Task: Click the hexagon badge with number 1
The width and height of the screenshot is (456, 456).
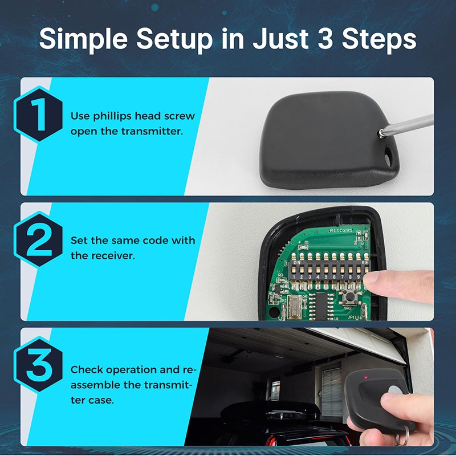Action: pos(38,115)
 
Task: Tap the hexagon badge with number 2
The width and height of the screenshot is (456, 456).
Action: pos(38,239)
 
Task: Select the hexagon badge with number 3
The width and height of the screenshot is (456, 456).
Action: pos(38,365)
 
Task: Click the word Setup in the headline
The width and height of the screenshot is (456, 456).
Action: pos(174,39)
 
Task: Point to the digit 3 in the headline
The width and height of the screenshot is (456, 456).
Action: pos(325,38)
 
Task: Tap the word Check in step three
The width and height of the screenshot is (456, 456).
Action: pos(87,369)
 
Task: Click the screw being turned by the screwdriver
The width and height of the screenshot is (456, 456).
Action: pos(381,133)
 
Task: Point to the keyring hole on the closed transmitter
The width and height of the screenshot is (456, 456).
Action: pos(388,156)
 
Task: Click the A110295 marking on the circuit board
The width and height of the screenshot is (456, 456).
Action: pos(341,230)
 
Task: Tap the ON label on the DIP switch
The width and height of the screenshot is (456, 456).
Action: pos(297,263)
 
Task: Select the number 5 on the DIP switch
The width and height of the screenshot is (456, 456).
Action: pos(326,277)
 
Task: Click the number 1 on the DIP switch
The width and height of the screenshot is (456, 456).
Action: pos(294,277)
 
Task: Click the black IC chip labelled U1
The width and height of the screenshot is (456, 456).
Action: pos(321,306)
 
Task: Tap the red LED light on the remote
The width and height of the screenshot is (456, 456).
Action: pos(366,377)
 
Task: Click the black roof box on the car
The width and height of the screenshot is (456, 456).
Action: pos(270,410)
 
